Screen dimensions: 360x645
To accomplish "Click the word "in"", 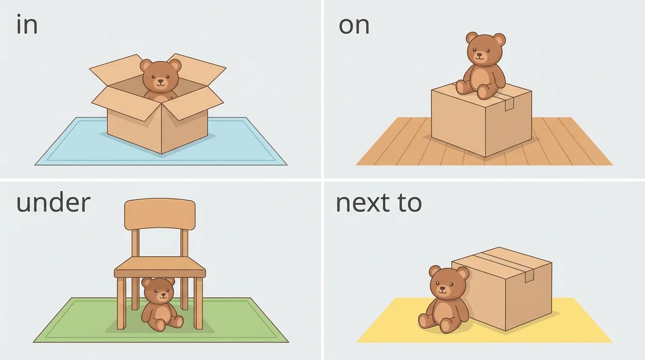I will (x=27, y=25).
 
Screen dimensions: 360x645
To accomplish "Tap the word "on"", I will (x=354, y=25).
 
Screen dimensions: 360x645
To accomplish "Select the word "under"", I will (x=53, y=202).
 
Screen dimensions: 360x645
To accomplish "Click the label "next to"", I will (x=379, y=202).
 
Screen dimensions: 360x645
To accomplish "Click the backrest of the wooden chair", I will (x=160, y=214).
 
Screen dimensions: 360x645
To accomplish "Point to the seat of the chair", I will (x=160, y=268).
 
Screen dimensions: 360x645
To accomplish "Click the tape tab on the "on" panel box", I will (x=510, y=104).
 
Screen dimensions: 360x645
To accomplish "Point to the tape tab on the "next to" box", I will (x=530, y=276).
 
